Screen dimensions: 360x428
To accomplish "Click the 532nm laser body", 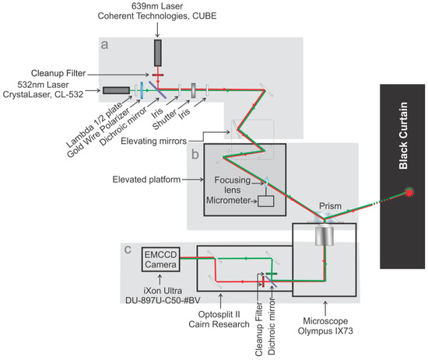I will pos(114,91).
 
